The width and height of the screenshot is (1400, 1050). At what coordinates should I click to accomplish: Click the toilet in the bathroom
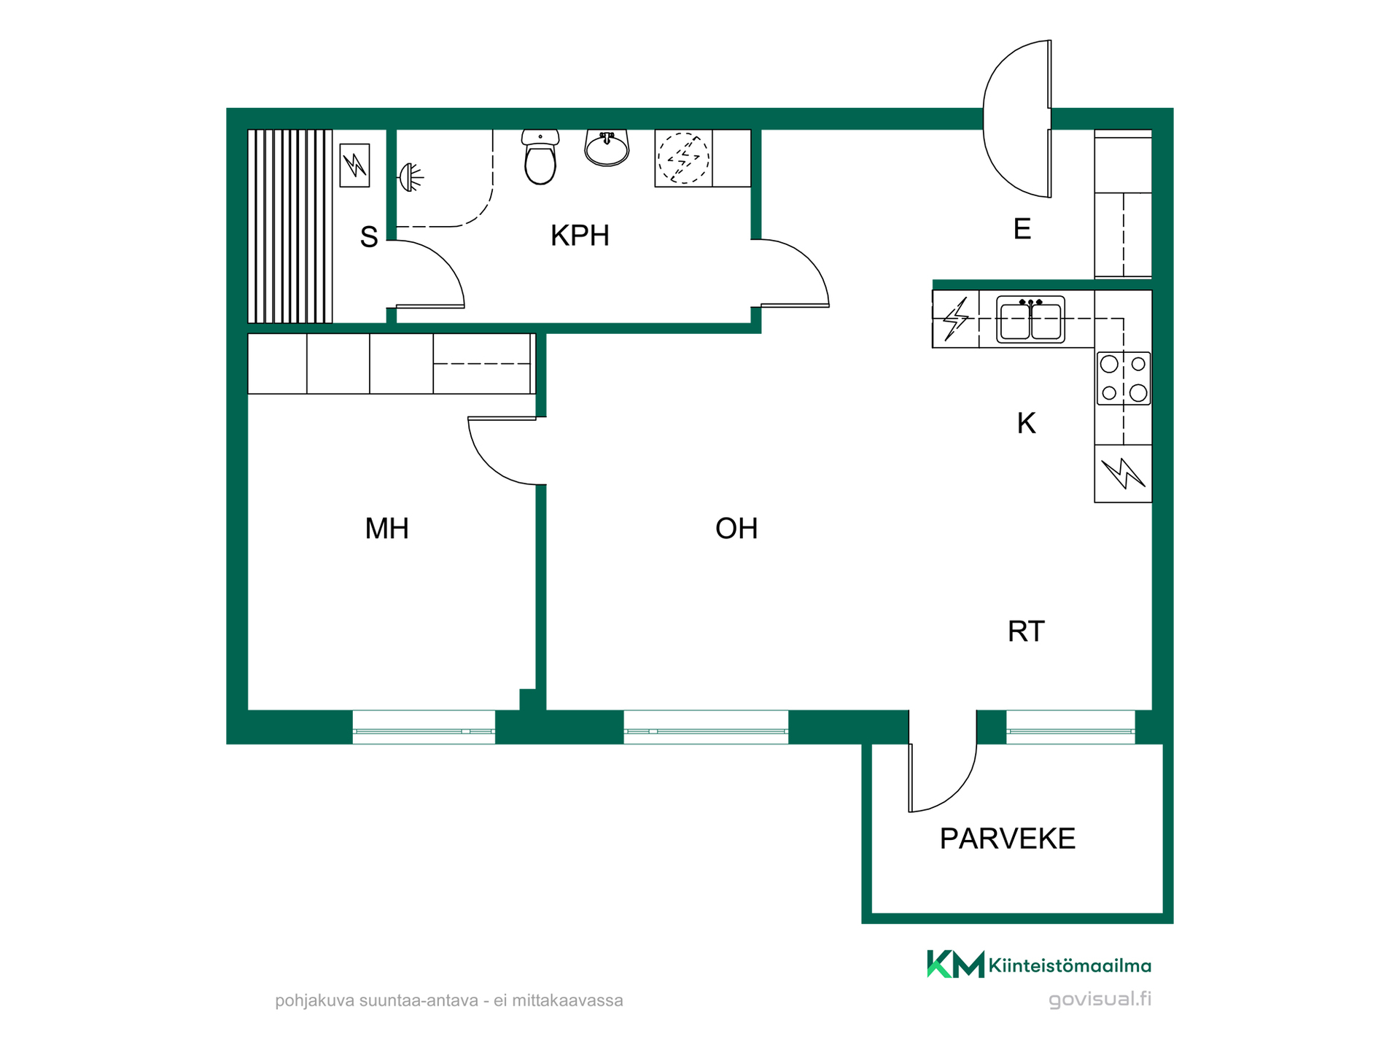coord(540,157)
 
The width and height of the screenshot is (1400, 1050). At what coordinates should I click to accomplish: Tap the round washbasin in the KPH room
coord(607,148)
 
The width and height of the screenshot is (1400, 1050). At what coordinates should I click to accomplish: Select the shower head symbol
coord(411,176)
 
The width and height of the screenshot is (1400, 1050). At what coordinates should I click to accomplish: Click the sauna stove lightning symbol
coord(355,166)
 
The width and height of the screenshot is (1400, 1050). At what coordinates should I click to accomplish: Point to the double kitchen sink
coord(1030,319)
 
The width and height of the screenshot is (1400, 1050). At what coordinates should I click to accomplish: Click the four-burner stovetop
coord(1124,378)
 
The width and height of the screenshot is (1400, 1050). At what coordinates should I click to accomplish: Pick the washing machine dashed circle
coord(683,158)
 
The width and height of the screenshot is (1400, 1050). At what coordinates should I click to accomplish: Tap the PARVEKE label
coord(1007,839)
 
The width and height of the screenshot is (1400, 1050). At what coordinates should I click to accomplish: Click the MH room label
coord(386,529)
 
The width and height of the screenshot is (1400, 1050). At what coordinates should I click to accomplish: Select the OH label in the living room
coord(736,529)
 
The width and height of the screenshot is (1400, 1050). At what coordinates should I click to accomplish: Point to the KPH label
coord(580,236)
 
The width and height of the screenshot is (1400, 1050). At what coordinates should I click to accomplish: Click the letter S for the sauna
coord(369,237)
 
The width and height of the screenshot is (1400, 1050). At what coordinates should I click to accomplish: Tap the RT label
coord(1026,631)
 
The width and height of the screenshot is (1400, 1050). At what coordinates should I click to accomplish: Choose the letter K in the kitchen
coord(1026,423)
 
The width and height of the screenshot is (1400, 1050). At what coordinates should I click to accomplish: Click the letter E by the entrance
coord(1022,229)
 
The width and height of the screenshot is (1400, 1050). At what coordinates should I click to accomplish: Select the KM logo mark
coord(955,964)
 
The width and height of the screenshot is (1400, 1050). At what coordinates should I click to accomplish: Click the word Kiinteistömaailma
coord(1070,966)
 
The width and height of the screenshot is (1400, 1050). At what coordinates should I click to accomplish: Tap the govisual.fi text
coord(1100,1000)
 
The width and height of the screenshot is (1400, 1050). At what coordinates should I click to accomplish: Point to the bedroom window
coord(424,728)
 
